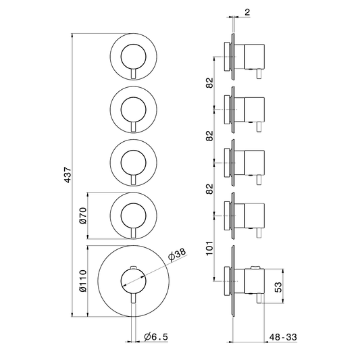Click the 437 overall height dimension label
(68, 175)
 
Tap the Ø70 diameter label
(82, 215)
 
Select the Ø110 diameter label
(82, 281)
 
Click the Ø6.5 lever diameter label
(156, 337)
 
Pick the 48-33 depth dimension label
(283, 337)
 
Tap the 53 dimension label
(278, 287)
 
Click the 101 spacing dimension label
(209, 248)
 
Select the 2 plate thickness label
(247, 12)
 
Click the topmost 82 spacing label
(209, 83)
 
